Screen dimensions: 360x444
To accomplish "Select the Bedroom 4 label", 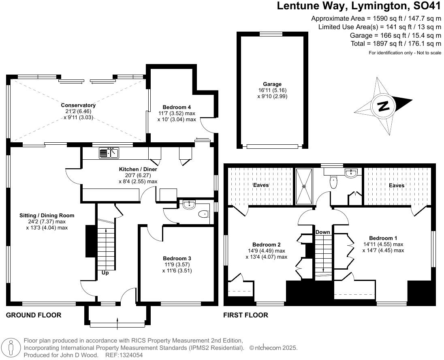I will point(176,107).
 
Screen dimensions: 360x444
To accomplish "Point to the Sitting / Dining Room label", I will point(47,215).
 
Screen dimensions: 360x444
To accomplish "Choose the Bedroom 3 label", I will point(177,258).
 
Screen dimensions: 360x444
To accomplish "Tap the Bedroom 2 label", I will point(266,244).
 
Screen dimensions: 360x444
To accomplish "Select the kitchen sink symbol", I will point(109,153).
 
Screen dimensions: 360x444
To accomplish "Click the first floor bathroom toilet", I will point(334,182).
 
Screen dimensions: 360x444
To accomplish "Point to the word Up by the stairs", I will point(105,273).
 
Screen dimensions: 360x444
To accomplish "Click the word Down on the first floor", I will point(323,232).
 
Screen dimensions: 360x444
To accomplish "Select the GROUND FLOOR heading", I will point(34,315).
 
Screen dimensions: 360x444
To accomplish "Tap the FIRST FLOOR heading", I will point(245,315).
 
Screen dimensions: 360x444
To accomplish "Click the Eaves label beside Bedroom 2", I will point(261,185).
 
